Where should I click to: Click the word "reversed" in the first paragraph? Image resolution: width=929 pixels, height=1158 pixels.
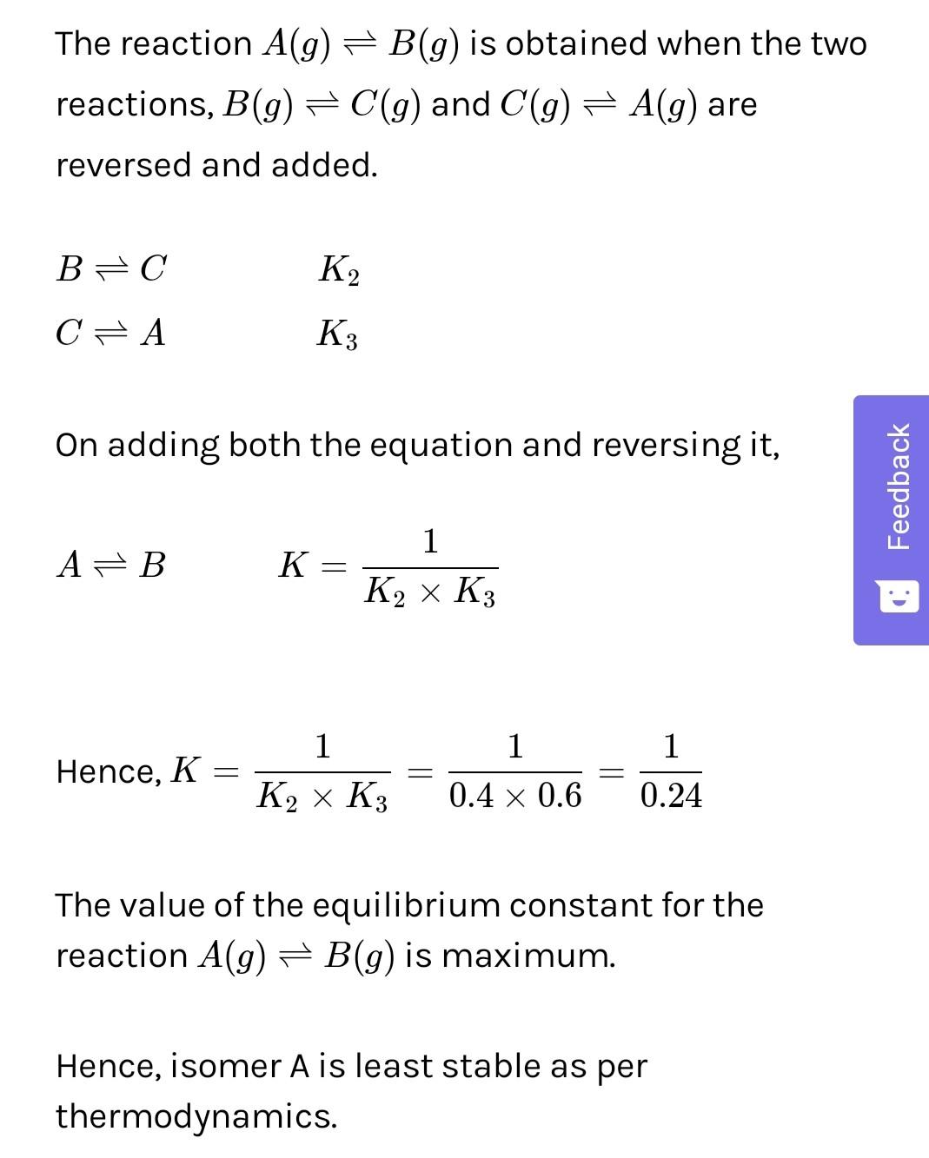click(124, 164)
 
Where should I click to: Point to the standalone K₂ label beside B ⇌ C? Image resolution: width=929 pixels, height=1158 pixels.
click(339, 270)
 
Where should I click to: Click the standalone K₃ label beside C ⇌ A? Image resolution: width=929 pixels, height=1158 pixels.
click(338, 334)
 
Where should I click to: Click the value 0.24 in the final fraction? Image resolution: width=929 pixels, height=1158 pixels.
click(671, 796)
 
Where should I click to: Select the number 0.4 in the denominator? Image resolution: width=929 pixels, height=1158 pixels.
click(470, 796)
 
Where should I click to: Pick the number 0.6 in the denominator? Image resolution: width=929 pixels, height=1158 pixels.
click(560, 796)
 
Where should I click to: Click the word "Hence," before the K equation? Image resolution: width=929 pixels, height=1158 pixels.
click(109, 771)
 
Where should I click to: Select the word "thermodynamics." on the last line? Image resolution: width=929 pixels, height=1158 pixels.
click(196, 1116)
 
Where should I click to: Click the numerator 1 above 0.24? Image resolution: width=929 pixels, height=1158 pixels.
click(671, 746)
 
